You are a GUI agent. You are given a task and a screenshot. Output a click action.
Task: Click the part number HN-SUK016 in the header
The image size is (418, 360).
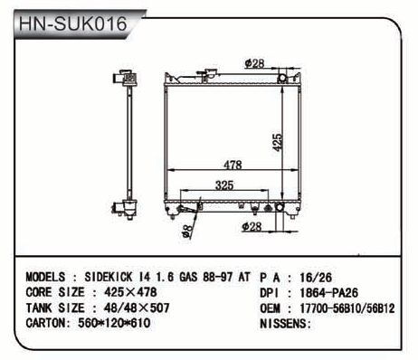tap(72, 24)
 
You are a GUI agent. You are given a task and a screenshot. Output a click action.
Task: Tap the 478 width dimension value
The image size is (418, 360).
tap(233, 165)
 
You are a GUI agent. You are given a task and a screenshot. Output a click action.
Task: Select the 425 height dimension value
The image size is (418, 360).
tap(277, 143)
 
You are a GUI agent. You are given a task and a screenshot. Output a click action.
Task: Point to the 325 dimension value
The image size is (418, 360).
tap(224, 185)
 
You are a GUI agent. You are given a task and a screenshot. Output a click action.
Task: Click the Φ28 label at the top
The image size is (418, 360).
tap(254, 63)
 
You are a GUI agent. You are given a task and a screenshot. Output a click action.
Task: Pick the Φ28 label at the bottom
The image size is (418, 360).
tap(252, 227)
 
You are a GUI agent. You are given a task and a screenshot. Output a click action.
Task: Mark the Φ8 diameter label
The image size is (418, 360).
tap(187, 232)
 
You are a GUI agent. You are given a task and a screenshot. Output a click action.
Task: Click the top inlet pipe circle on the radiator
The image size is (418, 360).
tap(282, 78)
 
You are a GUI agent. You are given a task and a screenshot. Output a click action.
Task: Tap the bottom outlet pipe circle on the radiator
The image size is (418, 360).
tap(280, 207)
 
